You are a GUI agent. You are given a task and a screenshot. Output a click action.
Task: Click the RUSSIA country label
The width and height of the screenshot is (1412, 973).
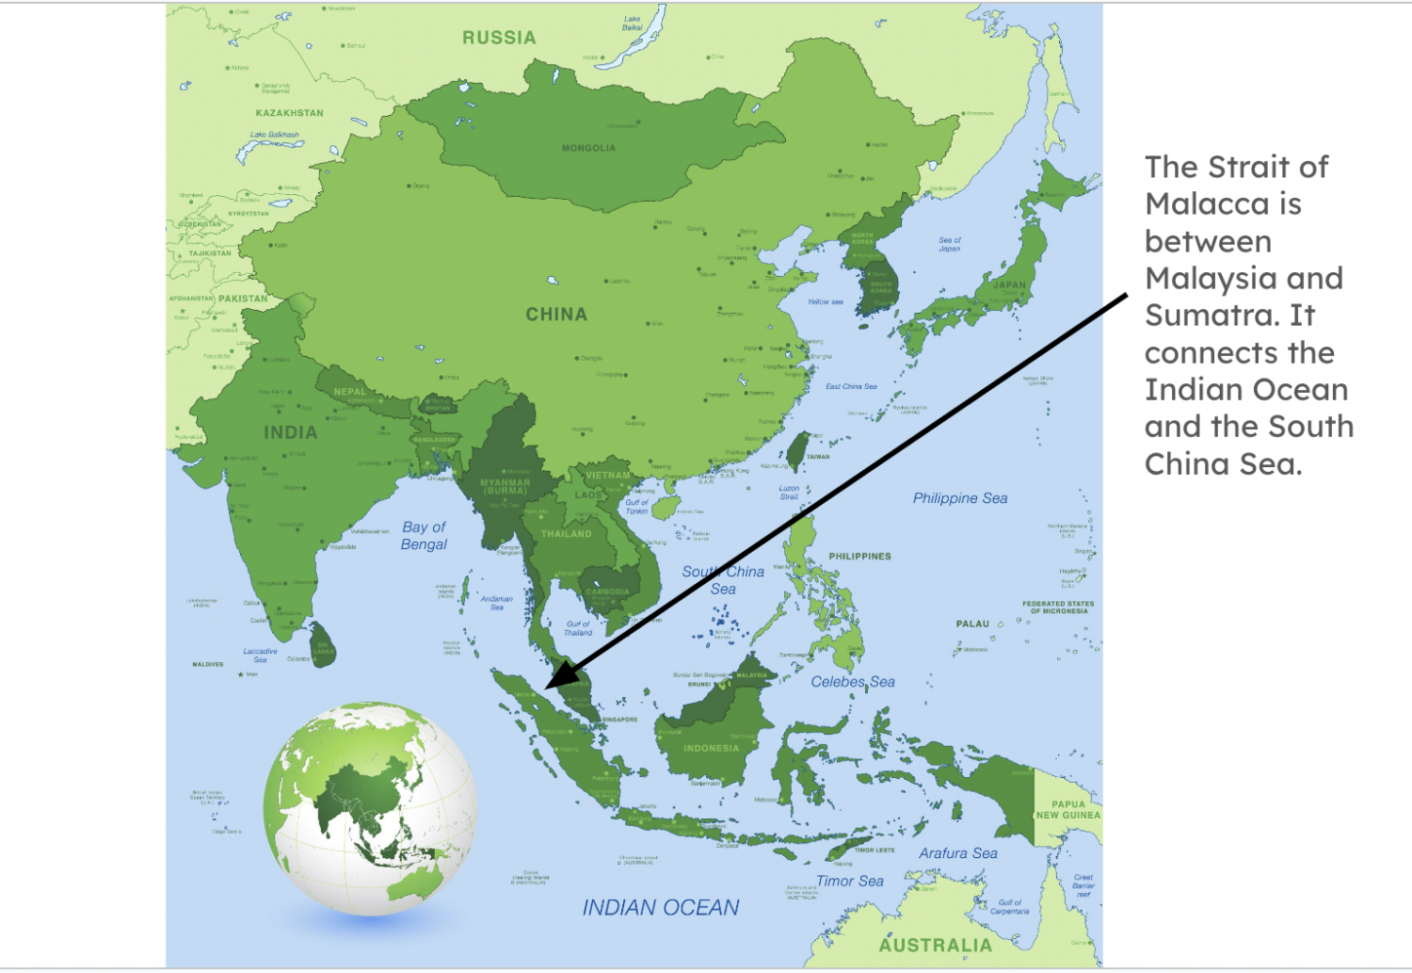pyautogui.click(x=499, y=38)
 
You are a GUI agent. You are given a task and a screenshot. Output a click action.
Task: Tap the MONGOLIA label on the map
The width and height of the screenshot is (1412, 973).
pyautogui.click(x=588, y=148)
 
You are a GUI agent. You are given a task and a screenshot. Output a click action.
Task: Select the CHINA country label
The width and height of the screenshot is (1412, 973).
pyautogui.click(x=556, y=315)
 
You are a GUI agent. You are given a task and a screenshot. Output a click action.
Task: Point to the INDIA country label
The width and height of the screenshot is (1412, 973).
pyautogui.click(x=290, y=432)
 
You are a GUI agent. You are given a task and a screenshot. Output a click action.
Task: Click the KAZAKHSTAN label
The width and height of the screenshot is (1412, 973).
pyautogui.click(x=289, y=113)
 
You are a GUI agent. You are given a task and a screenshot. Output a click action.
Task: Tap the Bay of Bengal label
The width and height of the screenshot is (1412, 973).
pyautogui.click(x=424, y=535)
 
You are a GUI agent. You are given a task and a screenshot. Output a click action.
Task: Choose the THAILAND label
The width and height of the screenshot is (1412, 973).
pyautogui.click(x=566, y=534)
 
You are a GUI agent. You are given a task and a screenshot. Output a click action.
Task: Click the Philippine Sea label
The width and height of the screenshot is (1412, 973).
pyautogui.click(x=959, y=498)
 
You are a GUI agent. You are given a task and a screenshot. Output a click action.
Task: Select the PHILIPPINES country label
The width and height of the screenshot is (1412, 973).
pyautogui.click(x=859, y=557)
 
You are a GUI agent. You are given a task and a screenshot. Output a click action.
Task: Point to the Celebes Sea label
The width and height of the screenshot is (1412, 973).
pyautogui.click(x=853, y=682)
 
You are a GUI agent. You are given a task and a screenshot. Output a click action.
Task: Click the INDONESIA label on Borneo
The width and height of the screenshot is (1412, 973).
pyautogui.click(x=711, y=749)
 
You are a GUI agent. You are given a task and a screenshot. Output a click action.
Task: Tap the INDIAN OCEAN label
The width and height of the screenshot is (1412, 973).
pyautogui.click(x=660, y=908)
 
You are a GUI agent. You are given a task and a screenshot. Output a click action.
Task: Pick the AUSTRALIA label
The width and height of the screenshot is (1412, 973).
pyautogui.click(x=935, y=945)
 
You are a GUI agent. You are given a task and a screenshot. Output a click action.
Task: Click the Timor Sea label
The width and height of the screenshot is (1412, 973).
pyautogui.click(x=849, y=882)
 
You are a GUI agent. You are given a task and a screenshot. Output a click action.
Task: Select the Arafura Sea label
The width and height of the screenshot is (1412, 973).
pyautogui.click(x=958, y=853)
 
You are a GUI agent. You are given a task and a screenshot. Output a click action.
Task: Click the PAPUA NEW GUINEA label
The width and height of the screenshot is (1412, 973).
pyautogui.click(x=1067, y=810)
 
